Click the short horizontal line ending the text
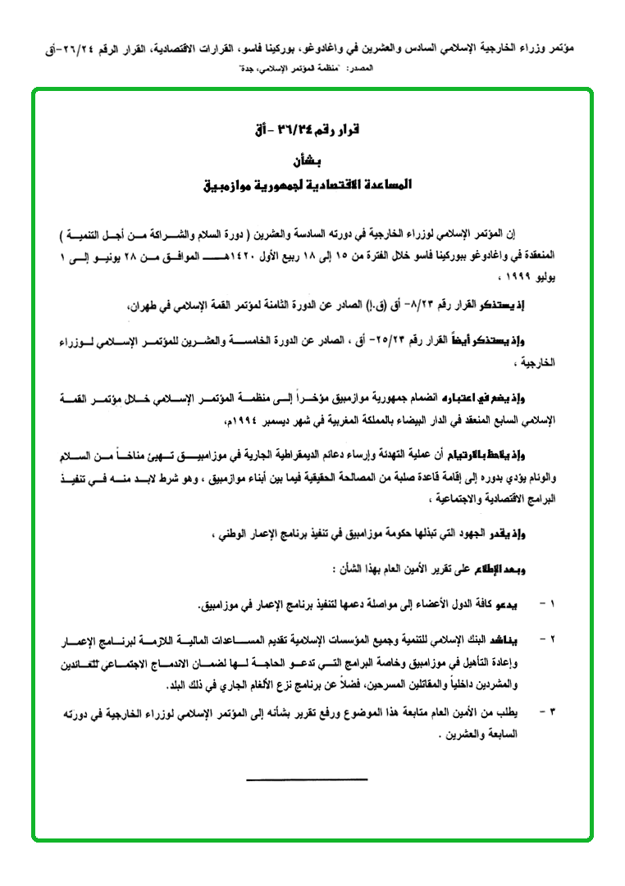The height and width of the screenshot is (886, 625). tap(307, 779)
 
